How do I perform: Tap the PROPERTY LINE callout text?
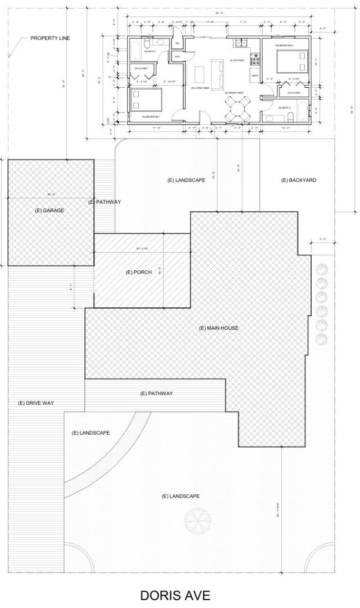click(x=50, y=38)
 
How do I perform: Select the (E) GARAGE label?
click(x=49, y=210)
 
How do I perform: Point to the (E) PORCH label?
click(x=138, y=272)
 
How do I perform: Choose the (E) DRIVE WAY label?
click(x=36, y=403)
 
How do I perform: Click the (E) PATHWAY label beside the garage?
click(x=105, y=202)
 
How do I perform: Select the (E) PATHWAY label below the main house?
click(x=156, y=393)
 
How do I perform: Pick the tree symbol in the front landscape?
click(x=198, y=520)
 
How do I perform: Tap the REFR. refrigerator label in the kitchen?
click(x=255, y=75)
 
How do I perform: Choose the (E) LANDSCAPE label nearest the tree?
click(x=181, y=496)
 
